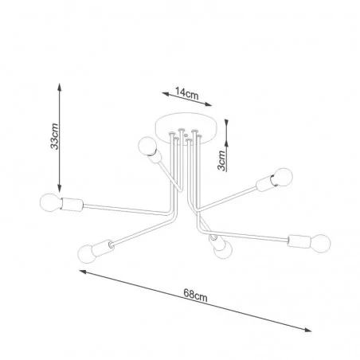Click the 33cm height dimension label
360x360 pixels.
click(55, 136)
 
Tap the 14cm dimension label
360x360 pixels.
click(186, 93)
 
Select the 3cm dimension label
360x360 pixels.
click(221, 160)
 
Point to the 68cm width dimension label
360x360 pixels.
click(195, 295)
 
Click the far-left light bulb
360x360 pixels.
click(50, 202)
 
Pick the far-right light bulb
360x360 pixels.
click(321, 243)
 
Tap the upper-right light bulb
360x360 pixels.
click(283, 177)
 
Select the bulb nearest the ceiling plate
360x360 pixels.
click(147, 146)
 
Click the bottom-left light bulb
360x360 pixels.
click(87, 253)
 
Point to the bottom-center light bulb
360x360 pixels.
click(223, 250)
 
